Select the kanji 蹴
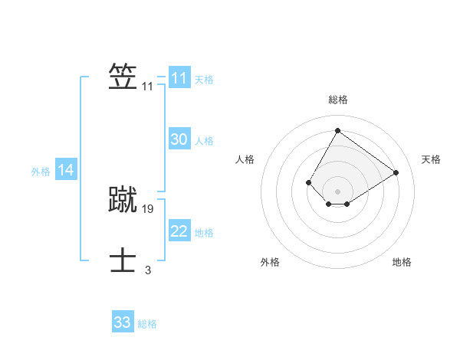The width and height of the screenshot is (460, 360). [123, 199]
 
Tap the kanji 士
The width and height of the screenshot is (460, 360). [123, 260]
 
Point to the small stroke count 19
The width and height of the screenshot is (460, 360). [148, 208]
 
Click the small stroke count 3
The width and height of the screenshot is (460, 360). [148, 270]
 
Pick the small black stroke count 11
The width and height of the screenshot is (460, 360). [148, 87]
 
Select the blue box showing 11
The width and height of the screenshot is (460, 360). [179, 78]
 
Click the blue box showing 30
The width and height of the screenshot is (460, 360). [179, 139]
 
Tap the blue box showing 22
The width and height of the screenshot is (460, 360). [179, 231]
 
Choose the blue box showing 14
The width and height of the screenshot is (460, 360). [66, 171]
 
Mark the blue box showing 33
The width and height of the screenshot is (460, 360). [123, 322]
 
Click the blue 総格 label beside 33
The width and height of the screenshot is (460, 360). [147, 324]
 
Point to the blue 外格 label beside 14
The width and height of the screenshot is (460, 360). [41, 172]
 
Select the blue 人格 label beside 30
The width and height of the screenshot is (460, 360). [204, 141]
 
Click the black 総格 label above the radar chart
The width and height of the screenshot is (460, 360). [337, 100]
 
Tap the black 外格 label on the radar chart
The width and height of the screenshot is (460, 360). [270, 262]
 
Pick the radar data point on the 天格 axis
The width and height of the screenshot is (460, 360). [396, 172]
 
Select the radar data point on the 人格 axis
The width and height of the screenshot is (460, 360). [309, 182]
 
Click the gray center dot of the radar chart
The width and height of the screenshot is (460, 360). [337, 191]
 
